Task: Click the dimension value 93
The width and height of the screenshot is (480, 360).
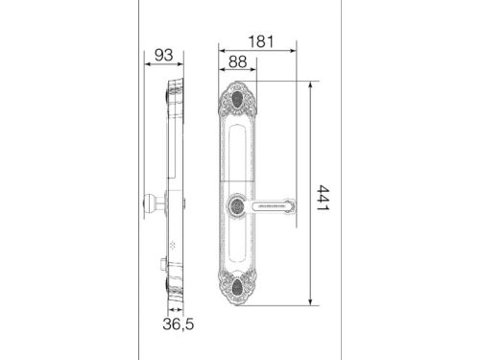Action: click(164, 55)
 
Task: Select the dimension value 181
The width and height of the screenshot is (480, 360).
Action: click(261, 42)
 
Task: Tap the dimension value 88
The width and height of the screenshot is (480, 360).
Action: click(238, 61)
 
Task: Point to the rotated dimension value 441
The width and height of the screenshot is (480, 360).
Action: click(323, 197)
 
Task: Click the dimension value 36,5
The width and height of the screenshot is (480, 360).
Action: click(179, 324)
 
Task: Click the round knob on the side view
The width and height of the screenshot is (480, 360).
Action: click(150, 204)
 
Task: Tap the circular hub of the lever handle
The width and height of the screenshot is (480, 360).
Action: click(237, 205)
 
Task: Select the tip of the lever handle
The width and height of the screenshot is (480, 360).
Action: click(291, 205)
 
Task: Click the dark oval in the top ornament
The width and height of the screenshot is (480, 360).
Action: click(237, 99)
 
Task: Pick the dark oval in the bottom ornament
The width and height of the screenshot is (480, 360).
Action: click(237, 286)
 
